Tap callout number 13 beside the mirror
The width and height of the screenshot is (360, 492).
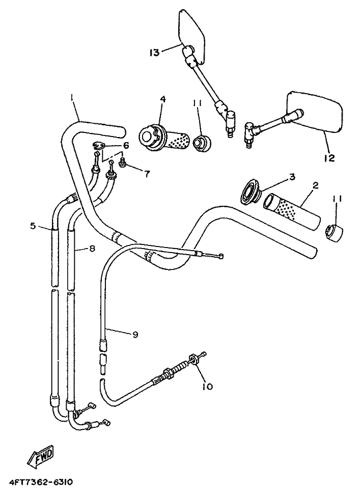(x=154, y=52)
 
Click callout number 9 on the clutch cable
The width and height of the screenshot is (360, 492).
(x=135, y=335)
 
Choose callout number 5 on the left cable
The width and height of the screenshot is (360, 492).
(x=33, y=225)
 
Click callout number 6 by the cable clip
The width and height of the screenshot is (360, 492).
(x=126, y=145)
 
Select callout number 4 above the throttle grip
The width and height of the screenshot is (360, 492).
(x=163, y=99)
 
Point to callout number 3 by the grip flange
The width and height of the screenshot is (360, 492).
(x=292, y=177)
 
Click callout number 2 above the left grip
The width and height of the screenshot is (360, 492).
(x=315, y=185)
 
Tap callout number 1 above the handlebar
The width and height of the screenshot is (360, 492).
(x=72, y=99)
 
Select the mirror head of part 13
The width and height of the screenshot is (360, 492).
(x=192, y=36)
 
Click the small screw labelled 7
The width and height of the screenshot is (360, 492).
(x=122, y=162)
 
